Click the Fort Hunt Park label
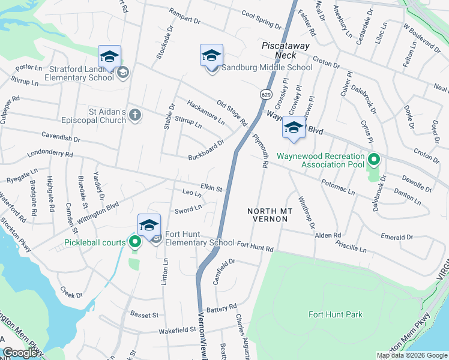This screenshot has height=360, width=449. (336, 314)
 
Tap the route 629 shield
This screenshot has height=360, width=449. (265, 94)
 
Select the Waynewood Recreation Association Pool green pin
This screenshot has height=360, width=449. (374, 160)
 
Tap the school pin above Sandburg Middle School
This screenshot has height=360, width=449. (211, 56)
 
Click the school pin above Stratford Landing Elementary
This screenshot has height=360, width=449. (110, 56)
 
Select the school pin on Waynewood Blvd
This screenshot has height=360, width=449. (294, 128)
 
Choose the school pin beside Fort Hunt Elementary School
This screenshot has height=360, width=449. (149, 225)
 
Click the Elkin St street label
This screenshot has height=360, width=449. (211, 188)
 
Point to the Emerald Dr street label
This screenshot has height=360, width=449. (397, 237)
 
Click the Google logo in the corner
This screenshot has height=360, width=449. (20, 353)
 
